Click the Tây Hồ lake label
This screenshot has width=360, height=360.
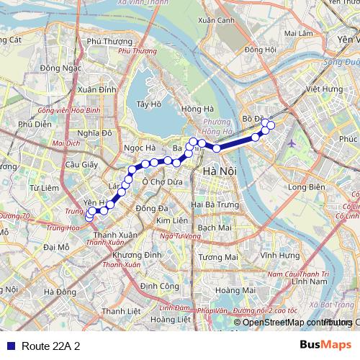[x=147, y=104]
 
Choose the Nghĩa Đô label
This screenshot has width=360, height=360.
[x=96, y=133]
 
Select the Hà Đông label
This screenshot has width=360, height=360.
[x=60, y=292]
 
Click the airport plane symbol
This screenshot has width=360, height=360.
[x=292, y=141]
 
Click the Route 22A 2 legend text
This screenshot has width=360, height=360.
[x=50, y=346]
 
